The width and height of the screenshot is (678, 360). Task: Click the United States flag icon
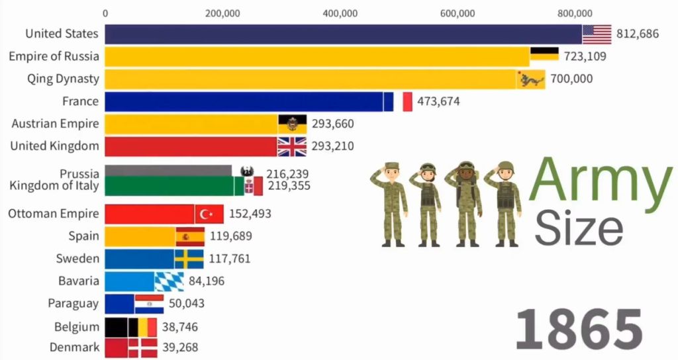point(597,34)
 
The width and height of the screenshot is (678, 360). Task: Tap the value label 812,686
point(638,34)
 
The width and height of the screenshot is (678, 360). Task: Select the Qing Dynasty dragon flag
point(531,79)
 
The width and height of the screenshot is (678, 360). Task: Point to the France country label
point(80,101)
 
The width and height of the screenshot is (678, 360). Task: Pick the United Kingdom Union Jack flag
point(292,146)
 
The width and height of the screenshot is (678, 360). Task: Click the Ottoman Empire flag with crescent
point(209,214)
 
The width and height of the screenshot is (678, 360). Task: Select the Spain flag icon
point(190,236)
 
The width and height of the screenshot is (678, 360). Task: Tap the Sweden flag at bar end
point(189,259)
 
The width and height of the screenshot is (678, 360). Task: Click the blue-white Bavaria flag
point(169,281)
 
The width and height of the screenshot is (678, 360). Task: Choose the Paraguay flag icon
point(149,304)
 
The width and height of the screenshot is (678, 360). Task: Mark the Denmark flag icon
point(143,347)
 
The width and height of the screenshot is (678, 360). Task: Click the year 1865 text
point(579,329)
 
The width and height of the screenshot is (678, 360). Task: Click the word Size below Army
point(579,229)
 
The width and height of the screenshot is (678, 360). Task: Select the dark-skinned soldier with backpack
point(467,203)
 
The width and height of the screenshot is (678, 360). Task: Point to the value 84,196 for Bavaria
point(207,281)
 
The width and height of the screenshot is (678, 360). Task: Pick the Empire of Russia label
point(54,56)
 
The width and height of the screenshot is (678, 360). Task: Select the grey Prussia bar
point(168,171)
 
